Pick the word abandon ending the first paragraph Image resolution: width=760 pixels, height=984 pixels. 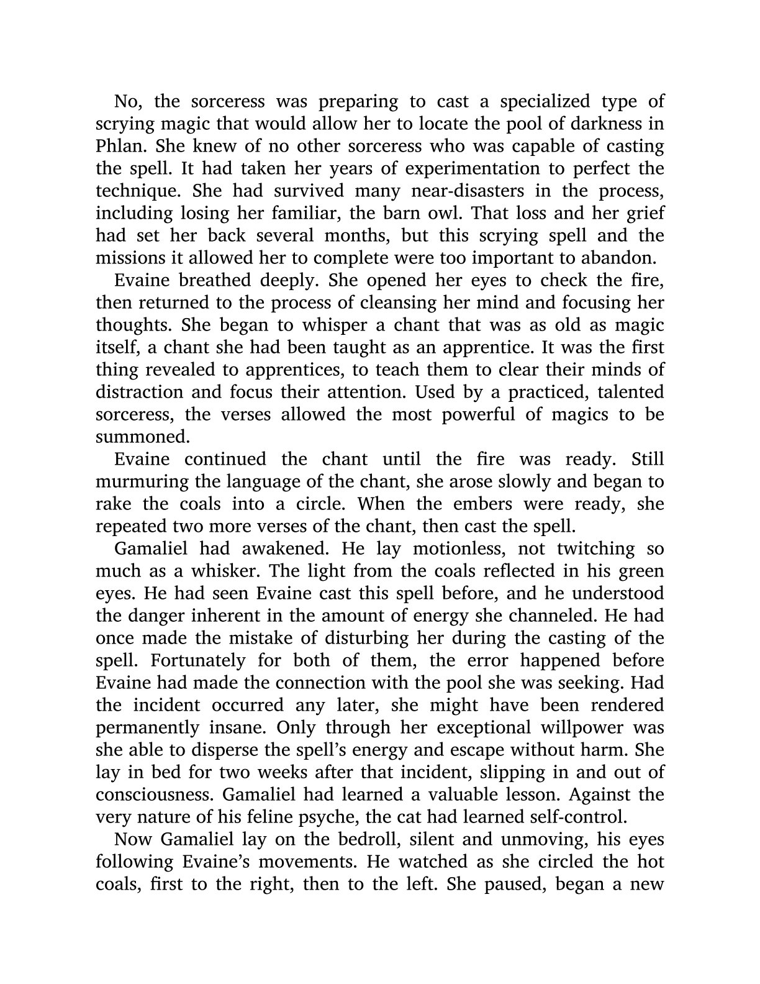click(x=626, y=258)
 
